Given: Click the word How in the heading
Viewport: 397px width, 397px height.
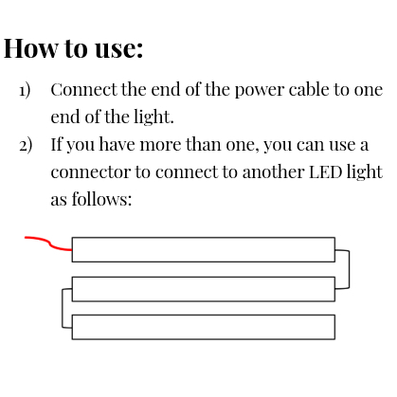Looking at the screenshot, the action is (31, 48).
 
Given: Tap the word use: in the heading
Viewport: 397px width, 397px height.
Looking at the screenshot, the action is (119, 49).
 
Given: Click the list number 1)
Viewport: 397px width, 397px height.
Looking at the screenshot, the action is (25, 90).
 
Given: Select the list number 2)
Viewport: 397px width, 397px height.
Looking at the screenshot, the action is (26, 145).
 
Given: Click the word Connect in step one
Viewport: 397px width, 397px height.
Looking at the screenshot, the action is (83, 89).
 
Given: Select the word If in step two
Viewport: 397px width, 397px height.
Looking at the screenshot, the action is (57, 144).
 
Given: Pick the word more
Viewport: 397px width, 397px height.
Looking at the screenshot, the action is (160, 145).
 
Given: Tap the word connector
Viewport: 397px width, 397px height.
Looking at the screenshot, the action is (91, 172).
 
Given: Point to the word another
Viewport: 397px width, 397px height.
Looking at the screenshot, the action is (273, 171).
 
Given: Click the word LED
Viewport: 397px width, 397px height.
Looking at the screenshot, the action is (326, 172).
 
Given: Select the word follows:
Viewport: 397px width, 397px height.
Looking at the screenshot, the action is (101, 199).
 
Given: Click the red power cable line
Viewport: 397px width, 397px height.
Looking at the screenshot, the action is (49, 244).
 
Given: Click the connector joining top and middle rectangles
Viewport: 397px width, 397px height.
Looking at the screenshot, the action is (349, 269).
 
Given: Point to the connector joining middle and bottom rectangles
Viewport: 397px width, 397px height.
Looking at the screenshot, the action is (63, 308).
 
